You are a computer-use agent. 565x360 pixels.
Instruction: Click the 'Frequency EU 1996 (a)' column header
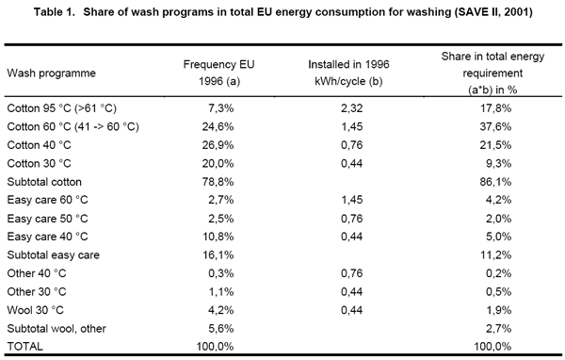224,72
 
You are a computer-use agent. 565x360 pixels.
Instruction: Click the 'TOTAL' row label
26,345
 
